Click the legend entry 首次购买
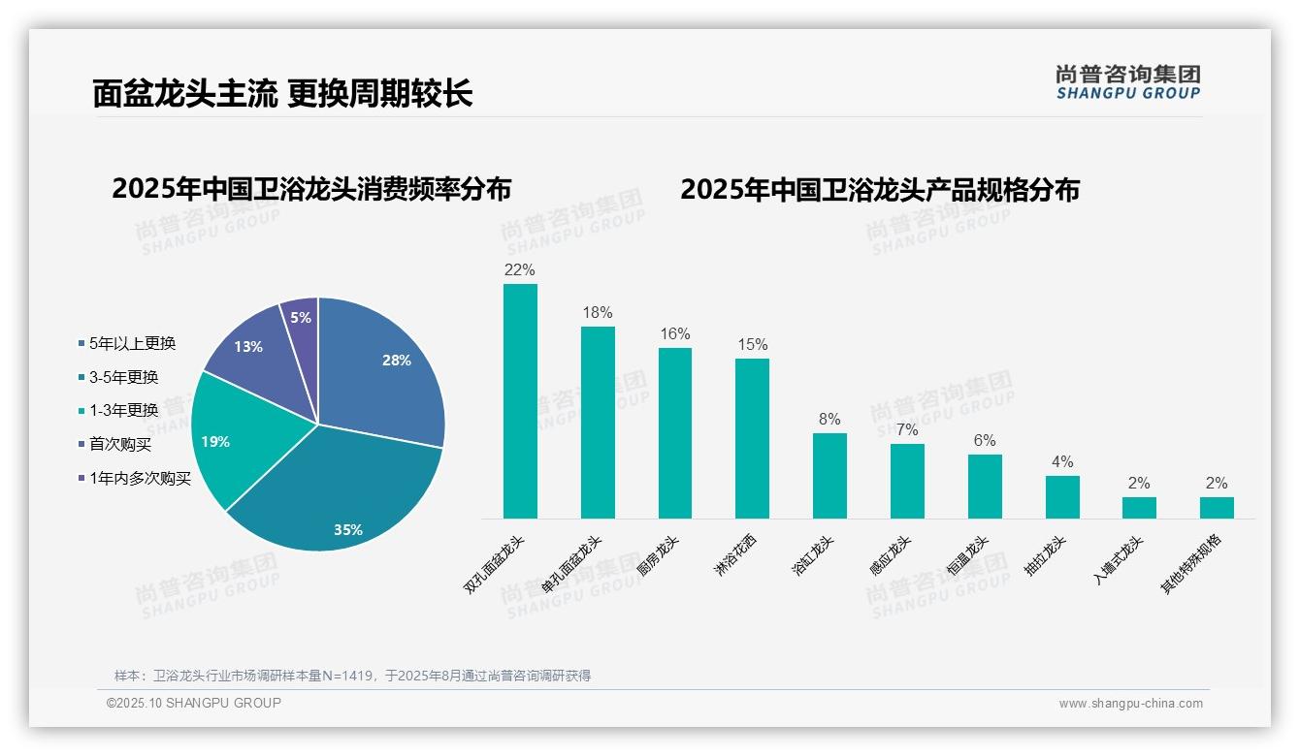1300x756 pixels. pos(120,445)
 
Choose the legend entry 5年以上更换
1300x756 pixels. pos(132,344)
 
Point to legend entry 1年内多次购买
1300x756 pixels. pos(140,478)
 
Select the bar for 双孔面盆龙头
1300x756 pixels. pos(520,401)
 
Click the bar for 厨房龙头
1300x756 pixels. pos(675,433)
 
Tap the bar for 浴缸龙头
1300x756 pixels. pos(829,476)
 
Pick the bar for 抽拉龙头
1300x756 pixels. pos(1062,497)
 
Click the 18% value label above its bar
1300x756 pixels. pos(598,313)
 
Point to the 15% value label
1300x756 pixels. pos(752,345)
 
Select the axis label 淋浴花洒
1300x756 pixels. pos(734,555)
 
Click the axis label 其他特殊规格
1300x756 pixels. pos(1192,563)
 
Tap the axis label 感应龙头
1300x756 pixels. pos(890,555)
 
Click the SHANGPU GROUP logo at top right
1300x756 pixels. pos(1127,82)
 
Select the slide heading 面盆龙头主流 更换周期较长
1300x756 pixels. pos(282,93)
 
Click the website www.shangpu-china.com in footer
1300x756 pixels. pos(1130,704)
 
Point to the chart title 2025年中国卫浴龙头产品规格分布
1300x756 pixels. pos(879,190)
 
